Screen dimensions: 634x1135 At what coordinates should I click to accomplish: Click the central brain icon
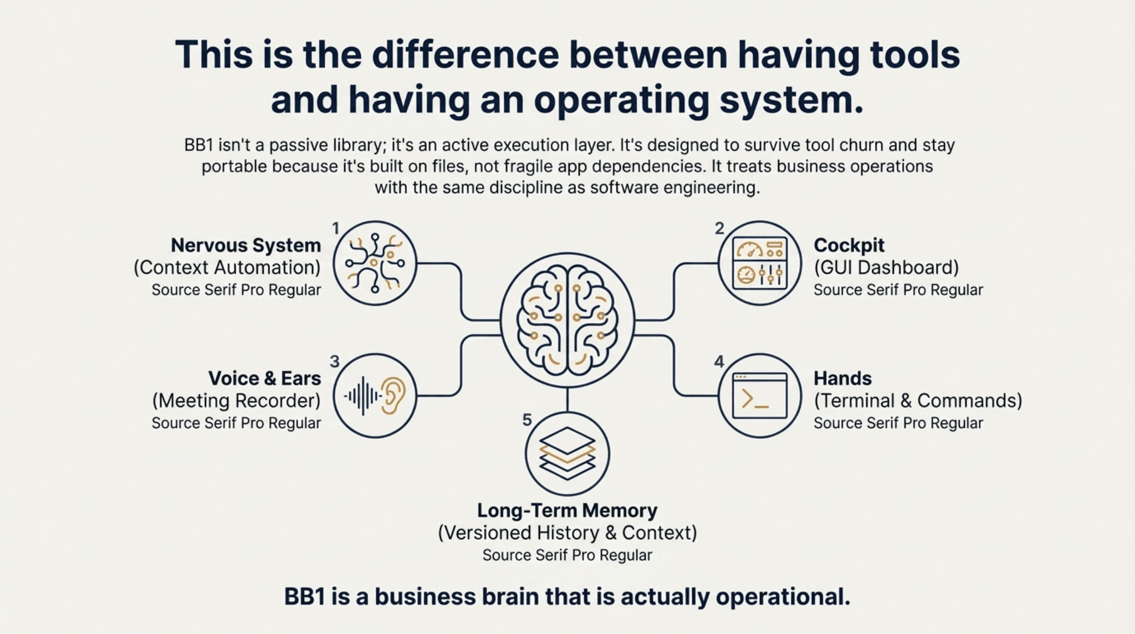[567, 320]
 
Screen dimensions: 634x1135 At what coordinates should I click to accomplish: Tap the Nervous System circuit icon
[375, 263]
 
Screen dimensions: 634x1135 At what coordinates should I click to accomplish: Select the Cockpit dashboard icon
[759, 263]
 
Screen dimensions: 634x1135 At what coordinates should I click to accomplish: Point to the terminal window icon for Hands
[759, 396]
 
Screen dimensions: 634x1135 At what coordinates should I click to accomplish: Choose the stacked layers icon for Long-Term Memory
[567, 453]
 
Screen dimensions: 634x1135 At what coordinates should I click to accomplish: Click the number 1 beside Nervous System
[335, 228]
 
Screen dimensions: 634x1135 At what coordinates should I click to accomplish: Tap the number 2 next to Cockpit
[719, 228]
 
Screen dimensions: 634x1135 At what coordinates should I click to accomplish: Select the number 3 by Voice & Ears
[334, 361]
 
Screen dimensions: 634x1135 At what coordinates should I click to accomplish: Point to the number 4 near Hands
[719, 361]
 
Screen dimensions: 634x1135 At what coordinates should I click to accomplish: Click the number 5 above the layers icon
[527, 420]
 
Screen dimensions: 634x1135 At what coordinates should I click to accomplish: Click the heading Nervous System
[246, 245]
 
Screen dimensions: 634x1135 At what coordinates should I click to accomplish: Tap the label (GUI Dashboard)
[886, 268]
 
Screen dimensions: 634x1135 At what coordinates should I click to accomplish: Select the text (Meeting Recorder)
[236, 401]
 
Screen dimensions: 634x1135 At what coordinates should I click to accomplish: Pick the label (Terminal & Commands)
[917, 401]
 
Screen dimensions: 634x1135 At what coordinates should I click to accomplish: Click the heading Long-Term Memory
[567, 510]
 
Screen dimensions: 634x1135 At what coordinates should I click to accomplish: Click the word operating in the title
[621, 100]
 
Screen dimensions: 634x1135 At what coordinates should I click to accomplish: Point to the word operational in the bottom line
[783, 597]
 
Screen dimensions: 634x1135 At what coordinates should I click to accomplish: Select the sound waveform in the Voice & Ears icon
[362, 396]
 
